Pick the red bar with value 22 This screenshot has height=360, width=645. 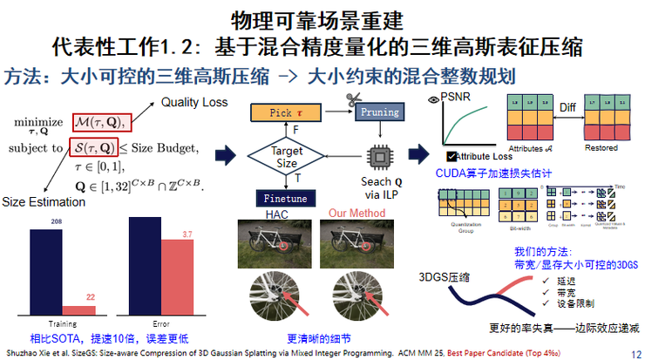(91, 309)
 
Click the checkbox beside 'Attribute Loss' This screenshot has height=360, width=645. (451, 157)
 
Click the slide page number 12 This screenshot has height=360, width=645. (635, 352)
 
